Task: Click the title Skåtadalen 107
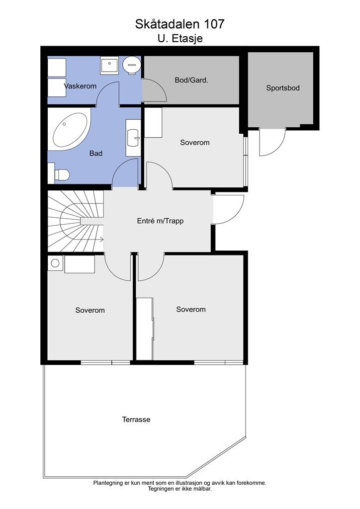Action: (180, 24)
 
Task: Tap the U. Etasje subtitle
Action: (180, 38)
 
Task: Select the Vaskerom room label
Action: (80, 86)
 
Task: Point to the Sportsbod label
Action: (283, 88)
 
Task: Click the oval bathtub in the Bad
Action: (70, 130)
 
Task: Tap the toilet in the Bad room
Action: (61, 174)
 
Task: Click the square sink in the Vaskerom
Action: (109, 66)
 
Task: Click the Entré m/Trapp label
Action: (160, 221)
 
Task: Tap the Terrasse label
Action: (136, 420)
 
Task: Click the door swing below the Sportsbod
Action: (272, 143)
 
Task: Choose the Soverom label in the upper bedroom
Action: (194, 142)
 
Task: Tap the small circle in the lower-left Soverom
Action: (55, 263)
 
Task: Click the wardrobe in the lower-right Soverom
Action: (145, 328)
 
